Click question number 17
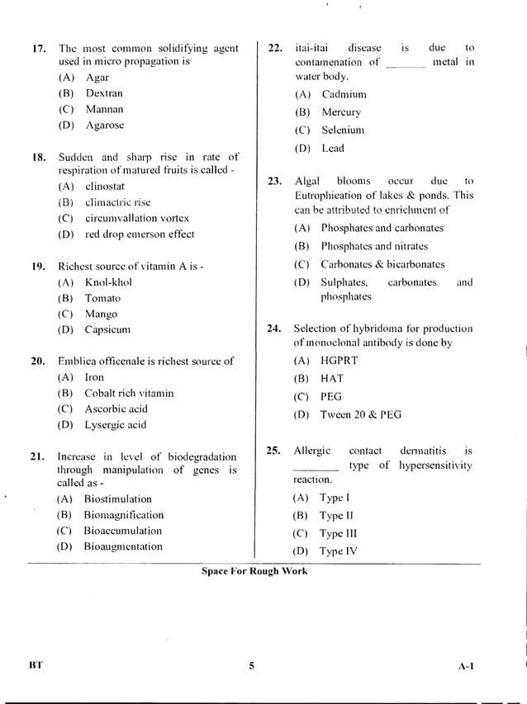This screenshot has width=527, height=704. [x=38, y=49]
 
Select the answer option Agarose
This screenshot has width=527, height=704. [x=104, y=125]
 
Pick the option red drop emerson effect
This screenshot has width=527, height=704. [x=139, y=234]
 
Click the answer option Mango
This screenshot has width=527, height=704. [x=101, y=314]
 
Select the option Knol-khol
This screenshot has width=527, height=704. [x=108, y=282]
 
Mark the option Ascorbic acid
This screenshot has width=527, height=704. [x=116, y=409]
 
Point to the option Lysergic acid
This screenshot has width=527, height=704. [x=115, y=425]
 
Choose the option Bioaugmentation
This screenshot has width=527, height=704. [x=123, y=546]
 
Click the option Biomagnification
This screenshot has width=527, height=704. [x=123, y=515]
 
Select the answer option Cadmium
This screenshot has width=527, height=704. [x=344, y=95]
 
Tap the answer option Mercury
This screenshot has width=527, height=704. [x=340, y=112]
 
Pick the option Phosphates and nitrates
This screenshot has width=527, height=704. [x=374, y=246]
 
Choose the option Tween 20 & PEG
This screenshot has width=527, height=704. [x=360, y=414]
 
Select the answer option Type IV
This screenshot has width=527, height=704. [x=338, y=551]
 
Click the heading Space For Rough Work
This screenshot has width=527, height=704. [x=254, y=571]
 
